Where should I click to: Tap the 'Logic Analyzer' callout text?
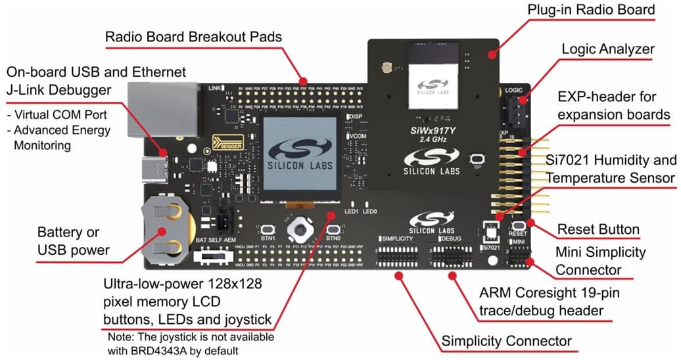point(608,49)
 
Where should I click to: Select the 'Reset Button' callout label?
point(598,229)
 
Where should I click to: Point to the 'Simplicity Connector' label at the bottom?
point(506,341)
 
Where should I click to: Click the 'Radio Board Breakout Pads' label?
point(194,37)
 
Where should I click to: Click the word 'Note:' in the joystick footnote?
point(122,336)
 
